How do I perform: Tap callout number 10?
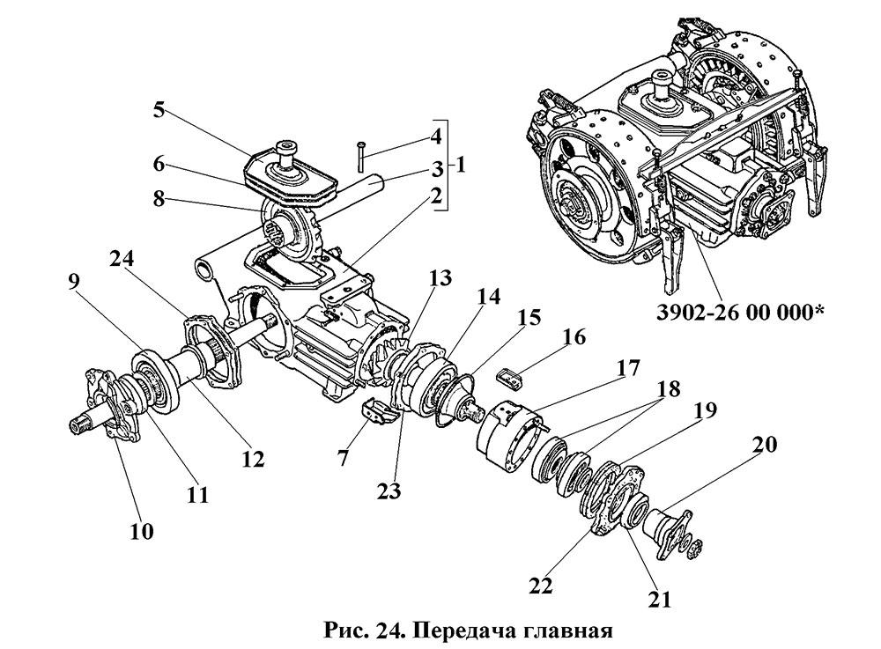click(x=142, y=531)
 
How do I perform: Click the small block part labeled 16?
click(x=511, y=376)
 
